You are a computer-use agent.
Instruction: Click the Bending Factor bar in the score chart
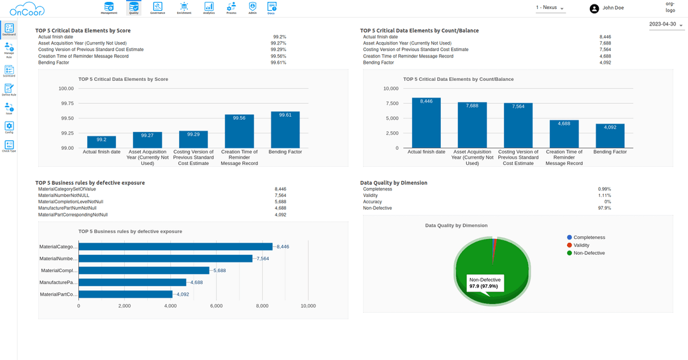tap(285, 130)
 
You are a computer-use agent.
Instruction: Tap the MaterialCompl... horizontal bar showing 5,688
tap(144, 270)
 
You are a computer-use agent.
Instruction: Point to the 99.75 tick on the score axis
tap(66, 103)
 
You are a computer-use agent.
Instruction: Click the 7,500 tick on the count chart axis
tap(390, 103)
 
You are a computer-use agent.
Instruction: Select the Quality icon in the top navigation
tap(134, 8)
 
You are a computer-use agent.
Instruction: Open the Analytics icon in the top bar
tap(208, 8)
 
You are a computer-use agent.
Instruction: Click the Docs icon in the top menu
tap(271, 8)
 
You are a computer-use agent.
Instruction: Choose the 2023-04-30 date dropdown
tap(666, 24)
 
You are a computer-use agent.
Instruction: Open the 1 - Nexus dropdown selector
tap(550, 8)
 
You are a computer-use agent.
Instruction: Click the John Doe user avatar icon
tap(594, 8)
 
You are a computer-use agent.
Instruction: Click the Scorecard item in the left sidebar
tap(9, 71)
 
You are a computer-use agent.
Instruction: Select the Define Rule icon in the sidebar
tap(9, 89)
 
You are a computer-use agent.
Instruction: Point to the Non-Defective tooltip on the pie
tap(485, 283)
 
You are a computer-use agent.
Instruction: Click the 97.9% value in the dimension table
tap(604, 208)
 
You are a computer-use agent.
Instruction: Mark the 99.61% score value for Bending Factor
tap(278, 62)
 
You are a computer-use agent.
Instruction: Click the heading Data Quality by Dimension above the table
tap(394, 182)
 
